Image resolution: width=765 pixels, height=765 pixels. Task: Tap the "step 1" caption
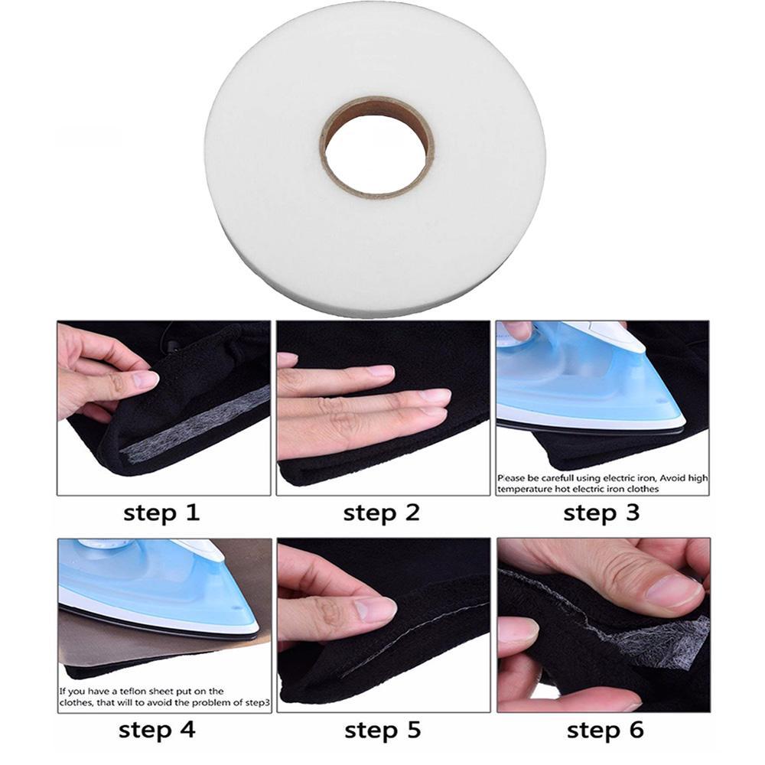click(161, 513)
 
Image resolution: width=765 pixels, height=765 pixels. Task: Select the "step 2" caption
click(382, 513)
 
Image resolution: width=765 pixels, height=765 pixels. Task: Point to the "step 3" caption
click(601, 513)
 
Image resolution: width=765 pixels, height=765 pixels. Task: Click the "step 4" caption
click(157, 729)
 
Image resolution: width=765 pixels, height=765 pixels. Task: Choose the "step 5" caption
click(382, 729)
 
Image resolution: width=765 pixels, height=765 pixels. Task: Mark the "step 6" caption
click(605, 729)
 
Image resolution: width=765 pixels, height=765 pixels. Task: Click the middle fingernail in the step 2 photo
click(433, 396)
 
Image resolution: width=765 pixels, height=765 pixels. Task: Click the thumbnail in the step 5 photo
click(374, 609)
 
